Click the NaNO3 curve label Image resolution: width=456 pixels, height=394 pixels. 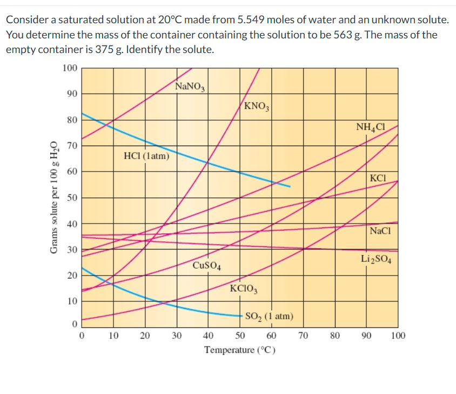click(189, 87)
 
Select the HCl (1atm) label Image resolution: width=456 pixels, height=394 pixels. click(146, 156)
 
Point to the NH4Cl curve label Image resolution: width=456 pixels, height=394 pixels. click(370, 128)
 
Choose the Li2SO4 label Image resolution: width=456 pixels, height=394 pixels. click(377, 259)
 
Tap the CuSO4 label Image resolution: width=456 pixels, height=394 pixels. click(206, 266)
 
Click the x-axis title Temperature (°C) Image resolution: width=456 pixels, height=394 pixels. click(240, 350)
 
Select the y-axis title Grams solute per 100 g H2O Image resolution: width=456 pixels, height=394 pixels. click(53, 197)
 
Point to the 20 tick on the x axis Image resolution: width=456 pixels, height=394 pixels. click(145, 336)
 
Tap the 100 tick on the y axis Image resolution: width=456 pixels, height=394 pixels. click(69, 68)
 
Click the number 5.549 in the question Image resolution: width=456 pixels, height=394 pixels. click(250, 21)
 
